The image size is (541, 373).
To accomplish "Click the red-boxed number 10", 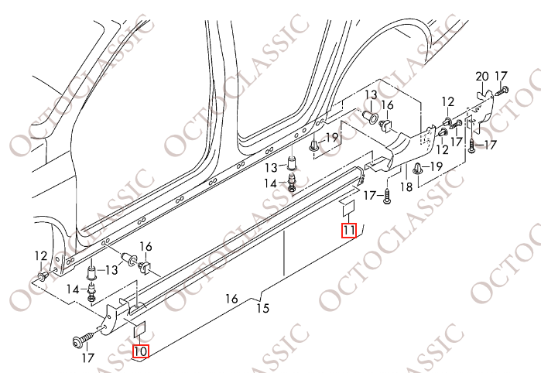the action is (141, 351).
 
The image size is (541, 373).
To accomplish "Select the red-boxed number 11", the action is (348, 230).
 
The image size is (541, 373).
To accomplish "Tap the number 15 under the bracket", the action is (263, 308).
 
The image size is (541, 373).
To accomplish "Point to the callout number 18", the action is (406, 187).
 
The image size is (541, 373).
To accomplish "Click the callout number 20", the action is (482, 77).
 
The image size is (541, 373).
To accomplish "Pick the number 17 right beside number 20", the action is (501, 76).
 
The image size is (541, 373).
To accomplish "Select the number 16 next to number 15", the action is (231, 299).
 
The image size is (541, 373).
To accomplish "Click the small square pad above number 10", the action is (140, 329).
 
